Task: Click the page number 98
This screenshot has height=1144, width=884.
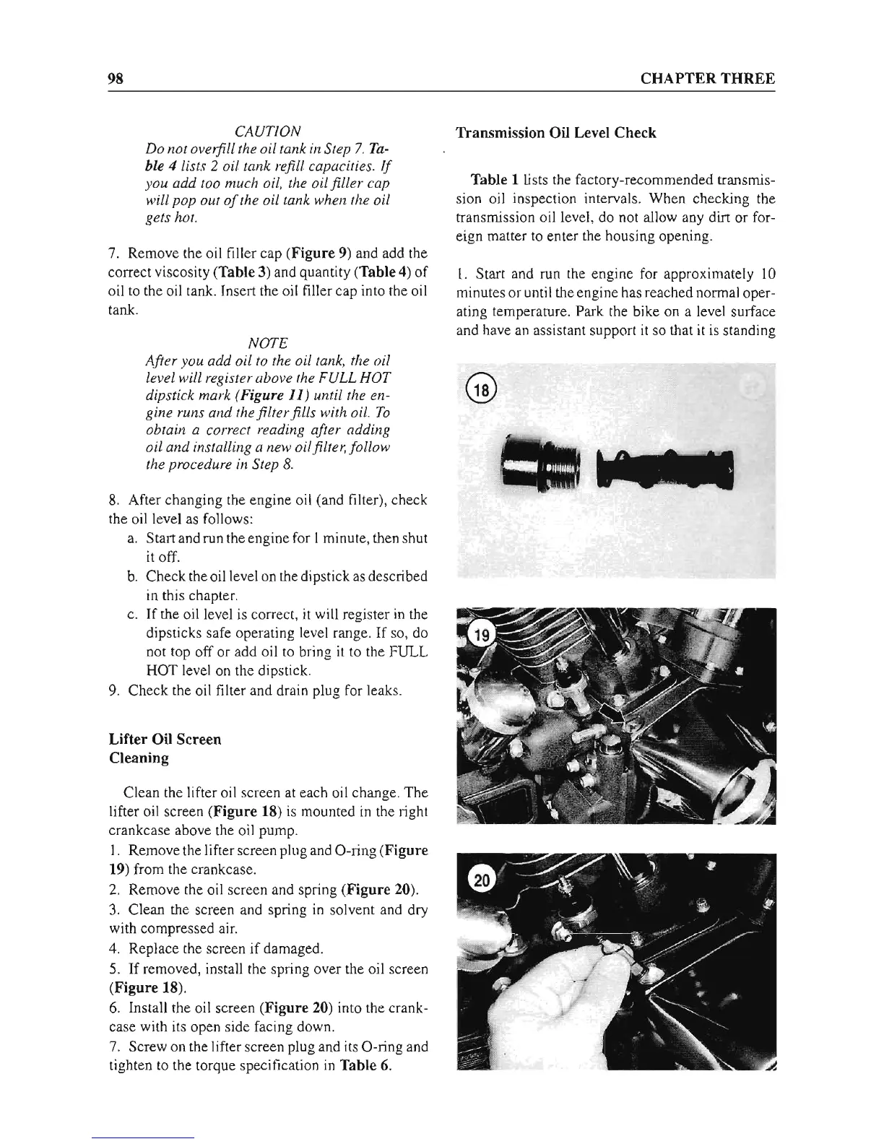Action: pyautogui.click(x=117, y=79)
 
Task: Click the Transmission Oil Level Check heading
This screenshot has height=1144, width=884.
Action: pyautogui.click(x=556, y=133)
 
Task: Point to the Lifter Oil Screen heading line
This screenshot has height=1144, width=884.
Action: pyautogui.click(x=165, y=740)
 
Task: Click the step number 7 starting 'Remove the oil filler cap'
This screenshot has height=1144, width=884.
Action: pyautogui.click(x=112, y=253)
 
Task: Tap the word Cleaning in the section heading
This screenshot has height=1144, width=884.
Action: pyautogui.click(x=139, y=758)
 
